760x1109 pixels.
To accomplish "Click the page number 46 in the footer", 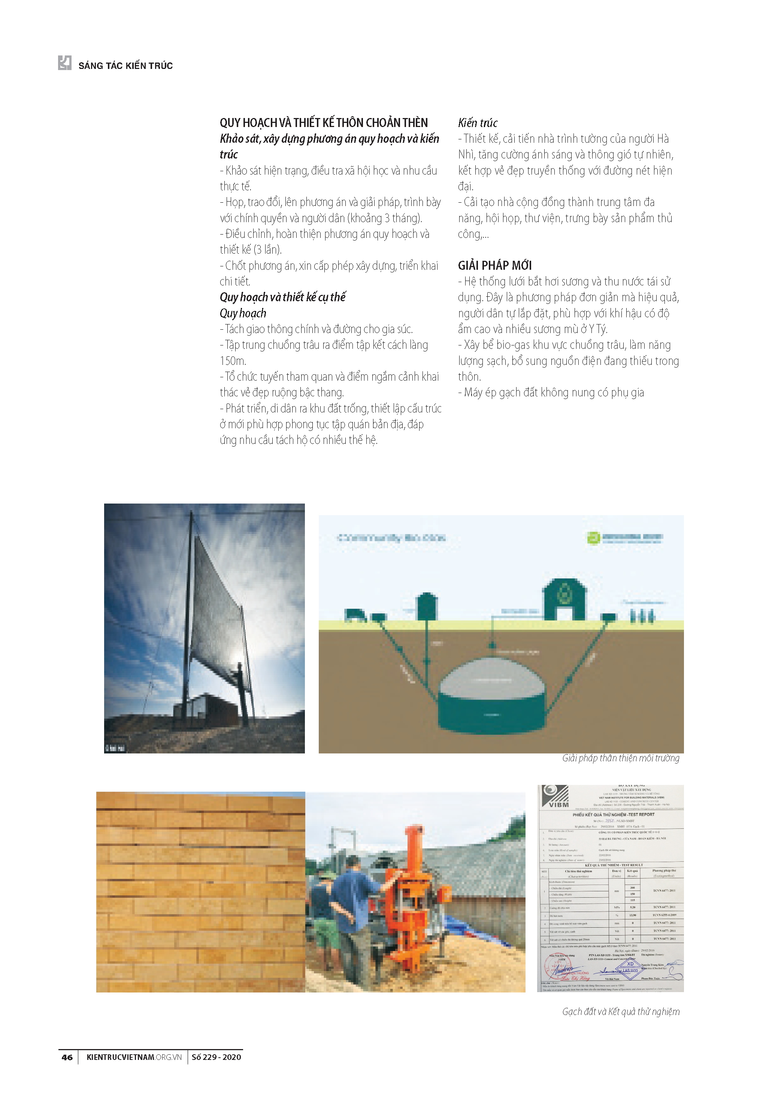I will [x=67, y=1057].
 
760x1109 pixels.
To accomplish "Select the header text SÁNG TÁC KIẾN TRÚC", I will [x=125, y=66].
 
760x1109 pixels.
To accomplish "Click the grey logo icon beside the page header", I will [x=64, y=63].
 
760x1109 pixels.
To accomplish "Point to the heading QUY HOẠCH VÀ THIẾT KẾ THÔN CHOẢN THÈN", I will [x=324, y=123].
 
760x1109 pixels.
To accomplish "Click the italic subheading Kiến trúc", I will [x=477, y=123].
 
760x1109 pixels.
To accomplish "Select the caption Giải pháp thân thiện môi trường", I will [x=620, y=758].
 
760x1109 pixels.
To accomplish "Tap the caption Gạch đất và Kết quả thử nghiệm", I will [x=620, y=1011].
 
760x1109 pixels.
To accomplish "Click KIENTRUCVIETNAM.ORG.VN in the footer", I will [x=134, y=1057].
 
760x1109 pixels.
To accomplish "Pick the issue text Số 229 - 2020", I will [x=216, y=1057].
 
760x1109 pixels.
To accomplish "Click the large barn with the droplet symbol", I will [x=565, y=599].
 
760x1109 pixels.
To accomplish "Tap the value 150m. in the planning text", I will [x=233, y=361].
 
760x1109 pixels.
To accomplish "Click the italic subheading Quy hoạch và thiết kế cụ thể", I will [x=282, y=297].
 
